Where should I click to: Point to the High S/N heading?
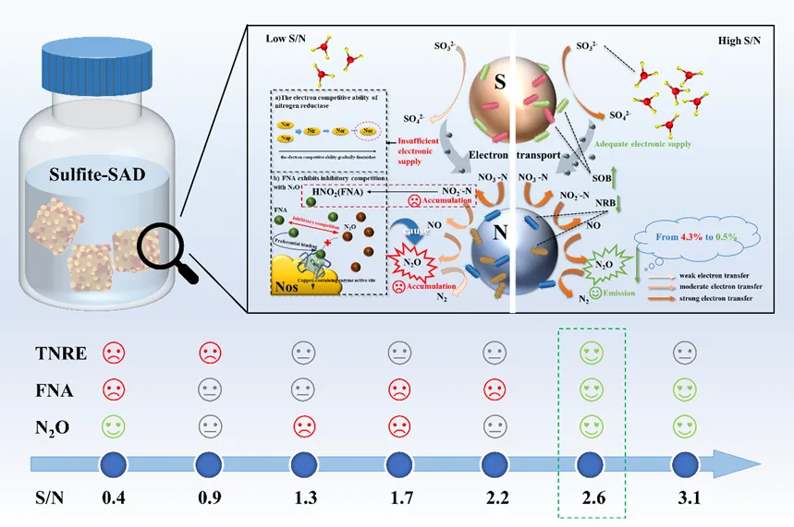click(x=744, y=42)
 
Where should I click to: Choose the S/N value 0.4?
click(x=114, y=497)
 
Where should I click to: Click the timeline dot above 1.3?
click(x=304, y=462)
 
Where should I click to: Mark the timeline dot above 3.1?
click(x=684, y=462)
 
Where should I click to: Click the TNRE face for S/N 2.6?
click(x=590, y=353)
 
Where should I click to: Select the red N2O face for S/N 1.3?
click(x=304, y=426)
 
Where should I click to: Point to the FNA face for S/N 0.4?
click(x=114, y=389)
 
